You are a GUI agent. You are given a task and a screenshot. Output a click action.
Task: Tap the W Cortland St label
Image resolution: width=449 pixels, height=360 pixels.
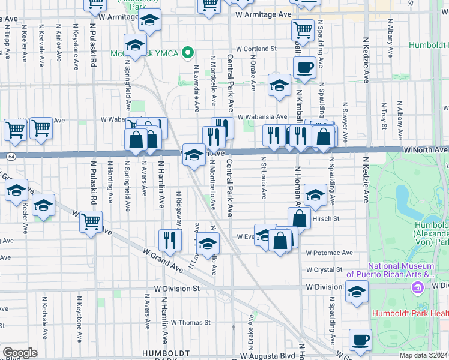[x=256, y=49]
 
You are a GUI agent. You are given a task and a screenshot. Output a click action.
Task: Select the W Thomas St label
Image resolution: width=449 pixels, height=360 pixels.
[x=190, y=322]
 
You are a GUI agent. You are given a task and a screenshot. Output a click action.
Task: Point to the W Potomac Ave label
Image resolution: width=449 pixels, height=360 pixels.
[x=329, y=253]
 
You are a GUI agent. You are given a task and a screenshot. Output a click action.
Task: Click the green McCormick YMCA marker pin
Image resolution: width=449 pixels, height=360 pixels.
[x=188, y=53]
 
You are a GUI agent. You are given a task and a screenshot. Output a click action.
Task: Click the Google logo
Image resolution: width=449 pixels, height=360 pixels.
[x=20, y=353]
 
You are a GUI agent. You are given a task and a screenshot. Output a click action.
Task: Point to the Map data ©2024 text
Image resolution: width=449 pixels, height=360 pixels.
[x=424, y=355]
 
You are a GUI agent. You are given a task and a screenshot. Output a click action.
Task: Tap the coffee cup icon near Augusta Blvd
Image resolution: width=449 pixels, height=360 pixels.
[x=360, y=341]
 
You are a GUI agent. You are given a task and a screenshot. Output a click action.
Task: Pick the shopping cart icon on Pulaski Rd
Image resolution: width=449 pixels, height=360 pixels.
[x=91, y=221]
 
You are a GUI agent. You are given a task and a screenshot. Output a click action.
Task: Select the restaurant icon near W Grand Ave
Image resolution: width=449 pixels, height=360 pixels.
[x=170, y=240]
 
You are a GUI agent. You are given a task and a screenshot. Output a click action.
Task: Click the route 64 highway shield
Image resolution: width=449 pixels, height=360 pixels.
[x=11, y=156]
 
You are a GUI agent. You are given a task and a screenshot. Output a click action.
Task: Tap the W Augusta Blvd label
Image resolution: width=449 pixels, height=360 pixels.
[x=270, y=355]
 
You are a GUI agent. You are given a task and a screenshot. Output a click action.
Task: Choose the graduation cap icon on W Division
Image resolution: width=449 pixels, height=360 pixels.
[x=356, y=292]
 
